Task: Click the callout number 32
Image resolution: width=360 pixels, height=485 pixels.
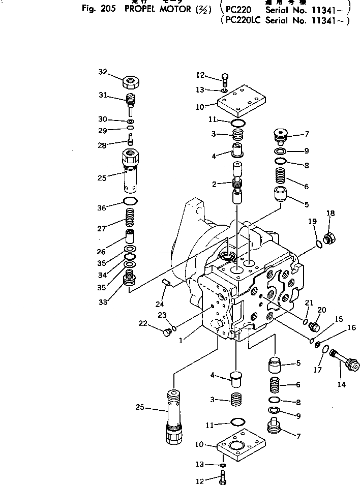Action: click(x=103, y=72)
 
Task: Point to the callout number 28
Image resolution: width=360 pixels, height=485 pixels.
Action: click(x=103, y=144)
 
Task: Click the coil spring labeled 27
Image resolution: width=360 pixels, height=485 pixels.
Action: click(x=131, y=220)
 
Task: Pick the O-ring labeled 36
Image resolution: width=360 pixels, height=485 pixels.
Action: click(x=131, y=201)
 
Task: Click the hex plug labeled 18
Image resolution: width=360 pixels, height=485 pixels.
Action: click(x=329, y=236)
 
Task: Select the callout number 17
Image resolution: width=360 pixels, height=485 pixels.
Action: click(x=317, y=370)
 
